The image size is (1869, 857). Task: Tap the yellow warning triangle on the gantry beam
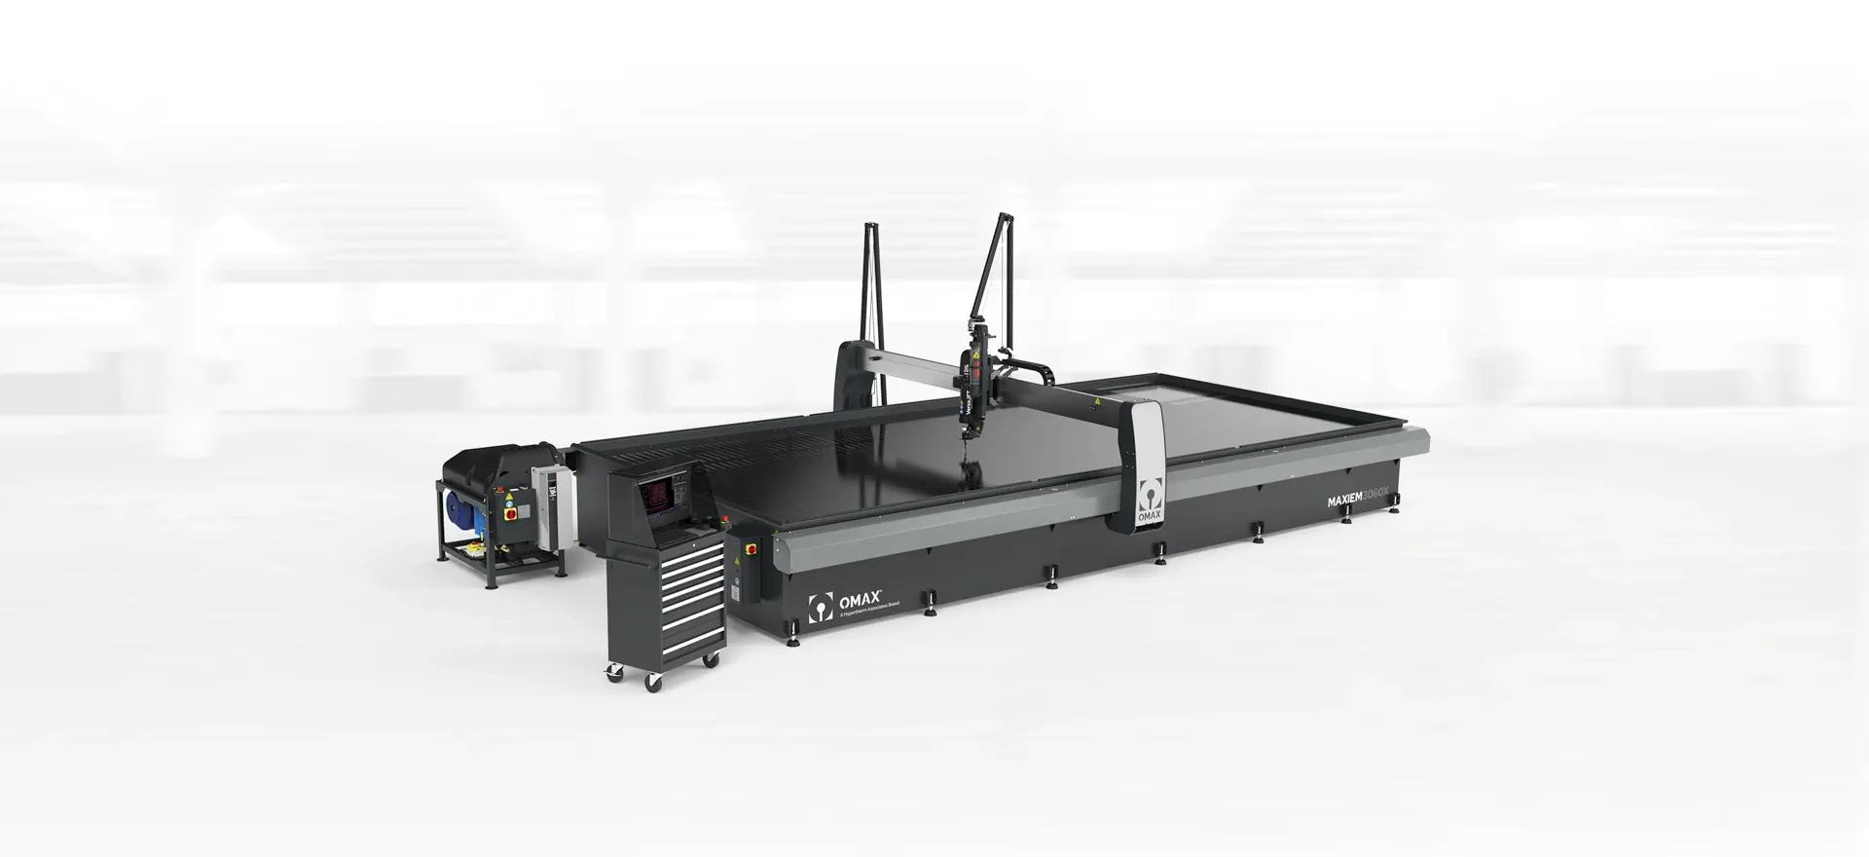coord(1097,399)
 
